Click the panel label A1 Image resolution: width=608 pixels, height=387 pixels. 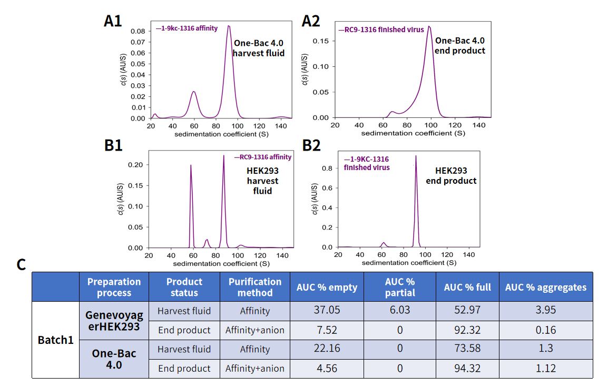[113, 21]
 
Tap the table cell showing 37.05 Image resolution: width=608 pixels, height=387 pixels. [327, 311]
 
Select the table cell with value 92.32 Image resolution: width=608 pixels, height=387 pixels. [467, 330]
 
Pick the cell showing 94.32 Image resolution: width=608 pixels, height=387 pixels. [467, 369]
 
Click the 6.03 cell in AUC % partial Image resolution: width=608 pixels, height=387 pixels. [400, 311]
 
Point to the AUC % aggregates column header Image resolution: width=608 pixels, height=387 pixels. [545, 287]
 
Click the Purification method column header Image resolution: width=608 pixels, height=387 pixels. [255, 287]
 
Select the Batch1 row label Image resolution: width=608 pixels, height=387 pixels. [55, 340]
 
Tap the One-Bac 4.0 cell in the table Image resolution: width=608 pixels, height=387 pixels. [114, 359]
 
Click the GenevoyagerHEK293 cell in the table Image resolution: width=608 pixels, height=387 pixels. [114, 320]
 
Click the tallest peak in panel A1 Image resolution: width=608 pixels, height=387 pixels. [229, 26]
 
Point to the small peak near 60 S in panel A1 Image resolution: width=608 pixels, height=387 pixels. [194, 92]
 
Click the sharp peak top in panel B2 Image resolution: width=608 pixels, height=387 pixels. [416, 156]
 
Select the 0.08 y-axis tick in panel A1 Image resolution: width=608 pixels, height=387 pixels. [139, 31]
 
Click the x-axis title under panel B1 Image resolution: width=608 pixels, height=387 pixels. [221, 263]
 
